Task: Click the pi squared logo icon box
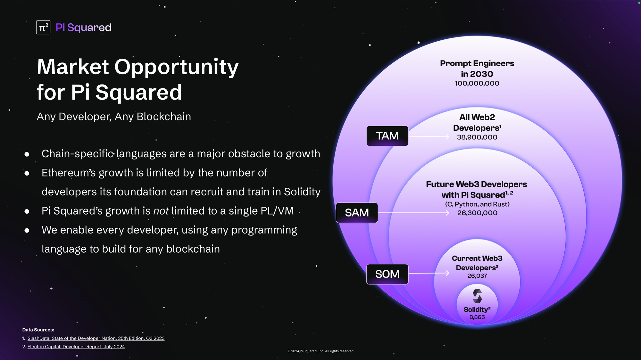coord(43,27)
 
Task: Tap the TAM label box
coord(387,136)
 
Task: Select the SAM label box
coord(357,213)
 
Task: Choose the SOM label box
coord(387,274)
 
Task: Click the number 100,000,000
coord(477,83)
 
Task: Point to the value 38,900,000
coord(477,137)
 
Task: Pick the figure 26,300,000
coord(477,213)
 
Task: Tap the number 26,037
coord(477,276)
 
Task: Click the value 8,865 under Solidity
coord(477,317)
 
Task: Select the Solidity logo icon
coord(477,296)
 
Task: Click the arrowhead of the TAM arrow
coord(447,136)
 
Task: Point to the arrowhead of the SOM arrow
coord(447,273)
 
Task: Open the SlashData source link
coord(96,338)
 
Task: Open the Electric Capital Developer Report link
coord(76,347)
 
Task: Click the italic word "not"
coord(161,211)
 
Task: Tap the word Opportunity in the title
coord(177,68)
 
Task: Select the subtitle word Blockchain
coord(164,117)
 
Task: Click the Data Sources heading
coord(38,330)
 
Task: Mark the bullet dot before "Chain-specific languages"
coord(27,154)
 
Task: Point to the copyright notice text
coord(321,351)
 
